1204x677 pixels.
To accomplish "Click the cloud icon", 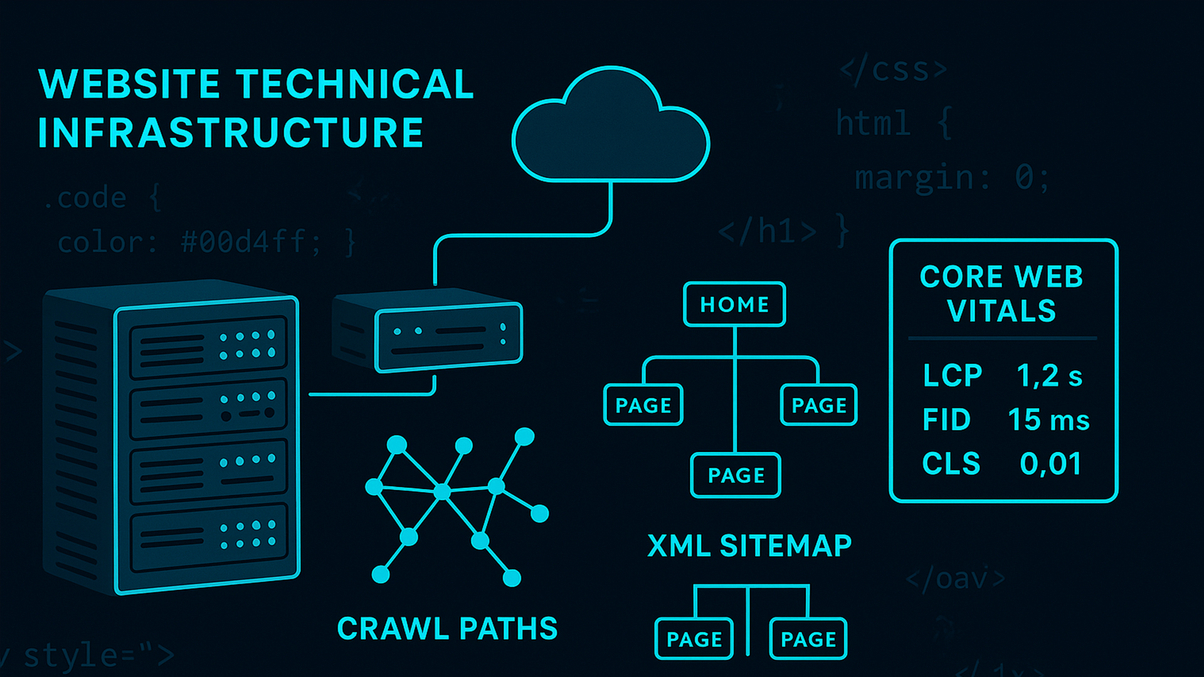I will tap(610, 129).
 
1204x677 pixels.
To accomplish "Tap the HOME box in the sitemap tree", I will tap(734, 305).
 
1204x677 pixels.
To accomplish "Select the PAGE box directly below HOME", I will tap(736, 475).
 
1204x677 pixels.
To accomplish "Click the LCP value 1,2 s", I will tap(1049, 376).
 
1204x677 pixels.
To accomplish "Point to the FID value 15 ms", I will tap(1048, 420).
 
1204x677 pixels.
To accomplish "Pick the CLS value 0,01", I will tap(1050, 464).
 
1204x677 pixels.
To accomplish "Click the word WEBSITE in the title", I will tap(129, 85).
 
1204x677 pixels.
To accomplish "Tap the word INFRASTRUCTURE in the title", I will tap(231, 133).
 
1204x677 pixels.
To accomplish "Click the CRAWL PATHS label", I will tap(447, 629).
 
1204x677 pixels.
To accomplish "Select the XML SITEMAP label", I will tap(749, 546).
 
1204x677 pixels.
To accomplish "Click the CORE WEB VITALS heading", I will tap(1001, 294).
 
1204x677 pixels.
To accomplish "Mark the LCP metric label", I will tap(952, 376).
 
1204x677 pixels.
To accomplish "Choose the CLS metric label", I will tap(951, 464).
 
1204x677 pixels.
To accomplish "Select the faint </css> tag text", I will tap(894, 70).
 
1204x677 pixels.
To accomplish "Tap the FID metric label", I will tap(946, 420).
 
